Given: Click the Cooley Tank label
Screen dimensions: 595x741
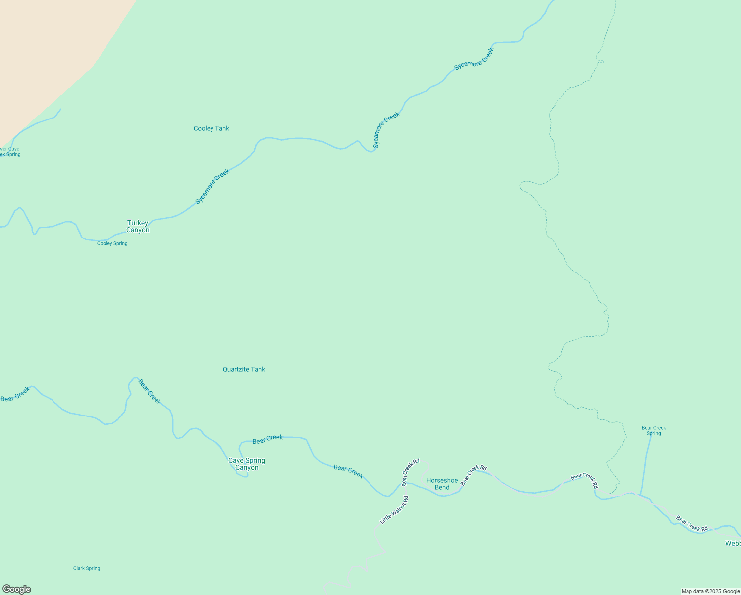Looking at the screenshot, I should [211, 128].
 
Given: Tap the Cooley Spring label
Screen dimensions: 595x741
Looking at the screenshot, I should [112, 243].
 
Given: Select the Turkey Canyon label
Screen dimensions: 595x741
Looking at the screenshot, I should [138, 226].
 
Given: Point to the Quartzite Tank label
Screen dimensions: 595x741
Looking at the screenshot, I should [244, 369].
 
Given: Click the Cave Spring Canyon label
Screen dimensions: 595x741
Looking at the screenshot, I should [247, 464].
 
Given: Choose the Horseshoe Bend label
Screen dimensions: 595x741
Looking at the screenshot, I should [442, 484].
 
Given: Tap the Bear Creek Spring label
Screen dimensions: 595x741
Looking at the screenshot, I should [654, 430].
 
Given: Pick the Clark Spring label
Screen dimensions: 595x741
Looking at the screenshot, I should [87, 568].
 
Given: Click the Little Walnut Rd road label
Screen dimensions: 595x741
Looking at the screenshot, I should [394, 510].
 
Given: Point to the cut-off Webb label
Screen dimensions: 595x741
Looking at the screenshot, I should [733, 543].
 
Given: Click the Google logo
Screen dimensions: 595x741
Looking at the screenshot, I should [16, 589].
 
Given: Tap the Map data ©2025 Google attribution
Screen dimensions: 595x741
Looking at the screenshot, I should [710, 591].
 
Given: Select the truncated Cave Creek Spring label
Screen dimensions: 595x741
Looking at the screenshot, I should [10, 151].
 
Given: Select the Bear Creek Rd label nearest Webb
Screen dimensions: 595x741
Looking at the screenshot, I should [692, 524].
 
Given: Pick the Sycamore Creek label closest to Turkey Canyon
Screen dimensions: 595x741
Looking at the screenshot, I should [212, 186].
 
